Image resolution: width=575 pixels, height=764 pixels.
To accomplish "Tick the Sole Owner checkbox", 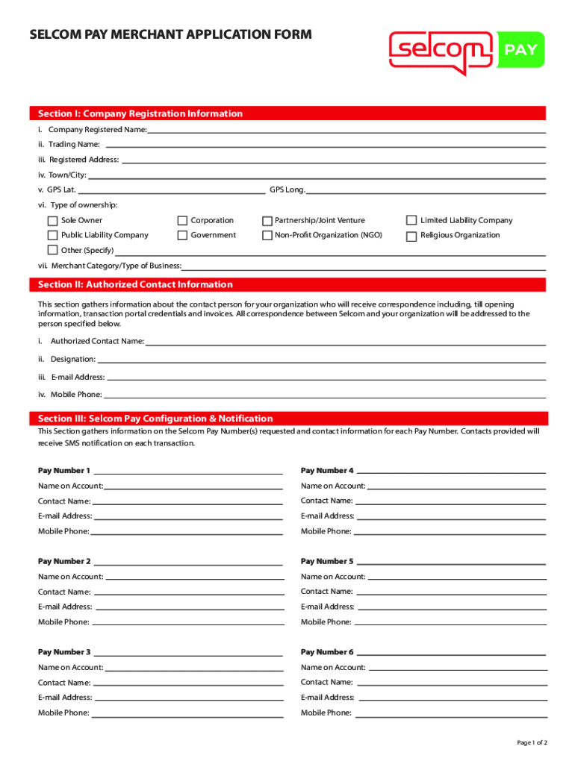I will (x=52, y=221).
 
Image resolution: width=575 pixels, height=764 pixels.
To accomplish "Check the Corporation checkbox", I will (x=182, y=221).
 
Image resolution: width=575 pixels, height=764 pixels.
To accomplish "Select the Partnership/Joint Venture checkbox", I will (x=267, y=221).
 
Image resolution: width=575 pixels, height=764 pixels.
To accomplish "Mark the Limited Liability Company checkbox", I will (x=411, y=220).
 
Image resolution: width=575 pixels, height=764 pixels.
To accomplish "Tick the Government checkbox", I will (x=182, y=236).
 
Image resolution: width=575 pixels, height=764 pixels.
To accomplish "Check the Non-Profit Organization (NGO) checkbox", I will (x=267, y=236).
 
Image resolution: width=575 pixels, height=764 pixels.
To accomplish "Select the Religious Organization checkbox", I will (x=411, y=237).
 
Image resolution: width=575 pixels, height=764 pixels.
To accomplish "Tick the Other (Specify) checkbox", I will (x=52, y=251).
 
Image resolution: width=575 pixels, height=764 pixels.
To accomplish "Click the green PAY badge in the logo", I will (x=520, y=51).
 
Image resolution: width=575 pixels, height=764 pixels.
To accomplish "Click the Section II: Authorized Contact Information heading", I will (x=135, y=285).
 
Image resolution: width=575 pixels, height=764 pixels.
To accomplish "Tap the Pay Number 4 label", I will (x=327, y=471).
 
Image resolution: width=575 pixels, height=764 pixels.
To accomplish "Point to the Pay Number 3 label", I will (x=64, y=652).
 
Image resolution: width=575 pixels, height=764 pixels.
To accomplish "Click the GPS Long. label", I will (x=287, y=190).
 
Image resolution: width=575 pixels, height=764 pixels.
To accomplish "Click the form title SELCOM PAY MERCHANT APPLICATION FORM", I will (x=170, y=34).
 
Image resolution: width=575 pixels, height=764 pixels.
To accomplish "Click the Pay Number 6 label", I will (x=327, y=652).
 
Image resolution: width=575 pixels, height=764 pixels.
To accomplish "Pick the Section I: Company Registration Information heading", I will (x=140, y=114).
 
